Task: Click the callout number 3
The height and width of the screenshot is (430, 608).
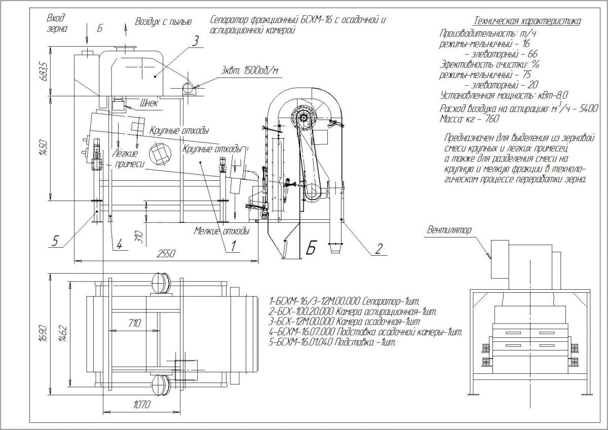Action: click(x=195, y=42)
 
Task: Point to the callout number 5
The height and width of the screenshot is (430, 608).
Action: click(x=57, y=241)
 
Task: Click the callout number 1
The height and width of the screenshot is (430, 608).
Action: click(x=234, y=246)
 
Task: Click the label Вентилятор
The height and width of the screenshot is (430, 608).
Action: click(x=449, y=229)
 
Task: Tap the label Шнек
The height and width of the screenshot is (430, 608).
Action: click(x=147, y=104)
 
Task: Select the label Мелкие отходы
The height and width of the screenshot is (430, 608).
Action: click(x=222, y=231)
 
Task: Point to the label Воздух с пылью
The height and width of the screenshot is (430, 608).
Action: click(x=163, y=21)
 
